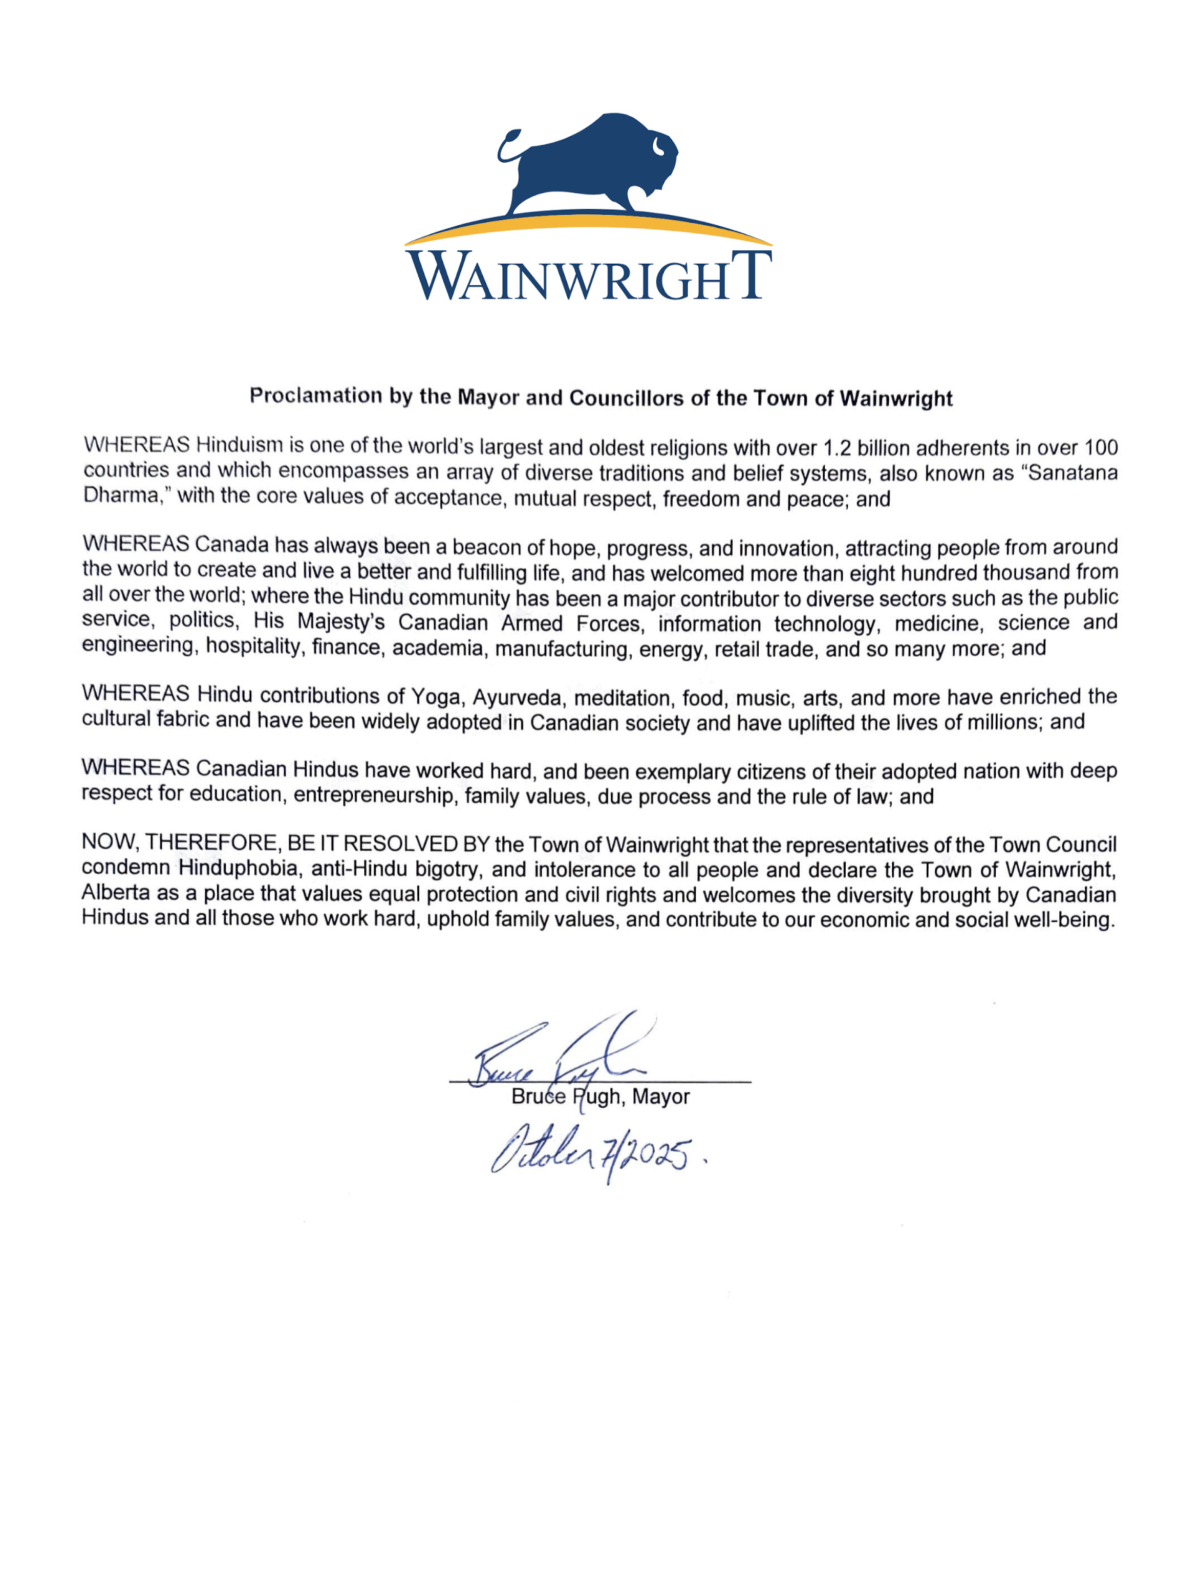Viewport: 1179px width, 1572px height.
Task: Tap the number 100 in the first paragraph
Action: [x=1100, y=448]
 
